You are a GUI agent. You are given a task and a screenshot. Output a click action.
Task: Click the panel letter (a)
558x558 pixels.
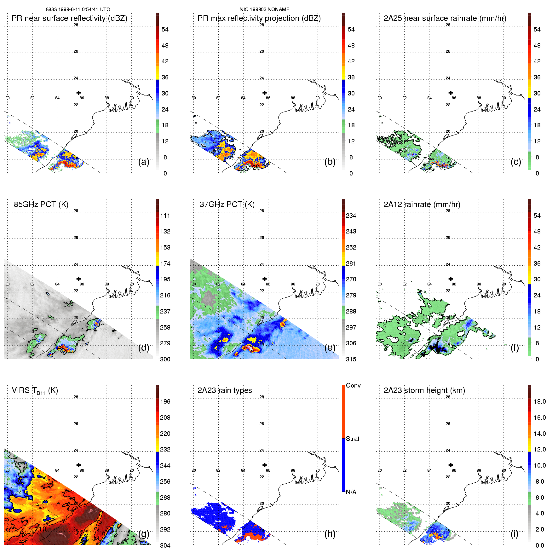[x=144, y=162]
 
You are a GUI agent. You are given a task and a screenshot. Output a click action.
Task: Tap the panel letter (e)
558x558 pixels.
[x=330, y=348]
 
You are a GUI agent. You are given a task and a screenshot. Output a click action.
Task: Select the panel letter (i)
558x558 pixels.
[x=514, y=534]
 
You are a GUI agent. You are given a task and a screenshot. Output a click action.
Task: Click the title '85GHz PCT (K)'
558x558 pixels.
[x=41, y=204]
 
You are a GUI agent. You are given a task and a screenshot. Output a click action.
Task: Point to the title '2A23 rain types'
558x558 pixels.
[x=225, y=390]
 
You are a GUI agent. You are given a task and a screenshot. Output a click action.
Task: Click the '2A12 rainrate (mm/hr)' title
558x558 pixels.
[x=422, y=204]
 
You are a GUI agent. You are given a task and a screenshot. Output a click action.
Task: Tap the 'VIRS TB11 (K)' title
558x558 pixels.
[x=35, y=391]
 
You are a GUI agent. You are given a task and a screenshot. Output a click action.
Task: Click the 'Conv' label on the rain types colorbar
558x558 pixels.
[x=353, y=386]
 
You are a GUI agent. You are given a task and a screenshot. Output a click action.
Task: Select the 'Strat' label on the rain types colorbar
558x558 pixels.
[x=353, y=439]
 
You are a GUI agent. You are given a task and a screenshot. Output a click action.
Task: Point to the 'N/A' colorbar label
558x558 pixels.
[x=351, y=492]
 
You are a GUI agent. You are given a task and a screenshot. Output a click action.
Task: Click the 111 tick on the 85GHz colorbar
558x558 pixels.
[x=165, y=216]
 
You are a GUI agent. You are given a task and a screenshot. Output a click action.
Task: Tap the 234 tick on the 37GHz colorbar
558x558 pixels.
[x=351, y=216]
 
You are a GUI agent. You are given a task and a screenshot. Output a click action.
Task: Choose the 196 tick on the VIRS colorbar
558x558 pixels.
[x=165, y=402]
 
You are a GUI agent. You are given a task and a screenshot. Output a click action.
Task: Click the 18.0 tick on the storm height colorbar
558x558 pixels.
[x=540, y=402]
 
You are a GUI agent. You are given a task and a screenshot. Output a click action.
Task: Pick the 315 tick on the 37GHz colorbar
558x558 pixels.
[x=351, y=360]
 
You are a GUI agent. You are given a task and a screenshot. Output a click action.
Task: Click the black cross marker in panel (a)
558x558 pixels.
[x=78, y=93]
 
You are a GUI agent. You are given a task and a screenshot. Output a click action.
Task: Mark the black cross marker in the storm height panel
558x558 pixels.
[x=451, y=465]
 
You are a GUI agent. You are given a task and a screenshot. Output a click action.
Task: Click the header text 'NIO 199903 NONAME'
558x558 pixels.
[x=264, y=9]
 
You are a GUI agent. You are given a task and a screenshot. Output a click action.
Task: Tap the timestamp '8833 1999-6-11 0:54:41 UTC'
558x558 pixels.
[x=78, y=9]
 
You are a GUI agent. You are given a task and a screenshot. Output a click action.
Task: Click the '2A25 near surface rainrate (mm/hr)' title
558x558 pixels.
[x=445, y=18]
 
